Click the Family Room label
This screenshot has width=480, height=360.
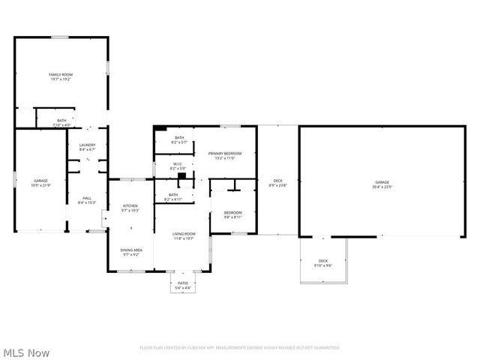[61, 74]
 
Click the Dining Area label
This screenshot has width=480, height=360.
[131, 250]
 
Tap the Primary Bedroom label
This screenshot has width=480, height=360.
[225, 153]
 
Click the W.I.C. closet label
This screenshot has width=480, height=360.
[178, 163]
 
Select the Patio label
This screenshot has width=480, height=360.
[183, 283]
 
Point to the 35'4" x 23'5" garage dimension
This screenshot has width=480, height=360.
[382, 187]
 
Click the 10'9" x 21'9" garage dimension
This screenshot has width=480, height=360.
[40, 185]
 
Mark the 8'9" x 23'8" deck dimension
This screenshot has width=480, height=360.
[278, 184]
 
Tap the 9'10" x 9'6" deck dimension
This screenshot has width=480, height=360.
[323, 265]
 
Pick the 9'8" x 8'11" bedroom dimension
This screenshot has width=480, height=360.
[232, 217]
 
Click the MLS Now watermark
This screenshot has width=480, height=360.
[26, 352]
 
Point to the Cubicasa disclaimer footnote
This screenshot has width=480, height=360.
[240, 348]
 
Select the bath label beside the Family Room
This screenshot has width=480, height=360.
[61, 120]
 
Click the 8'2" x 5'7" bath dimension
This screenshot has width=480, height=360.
[179, 142]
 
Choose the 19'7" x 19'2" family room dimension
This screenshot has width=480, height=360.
[61, 79]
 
